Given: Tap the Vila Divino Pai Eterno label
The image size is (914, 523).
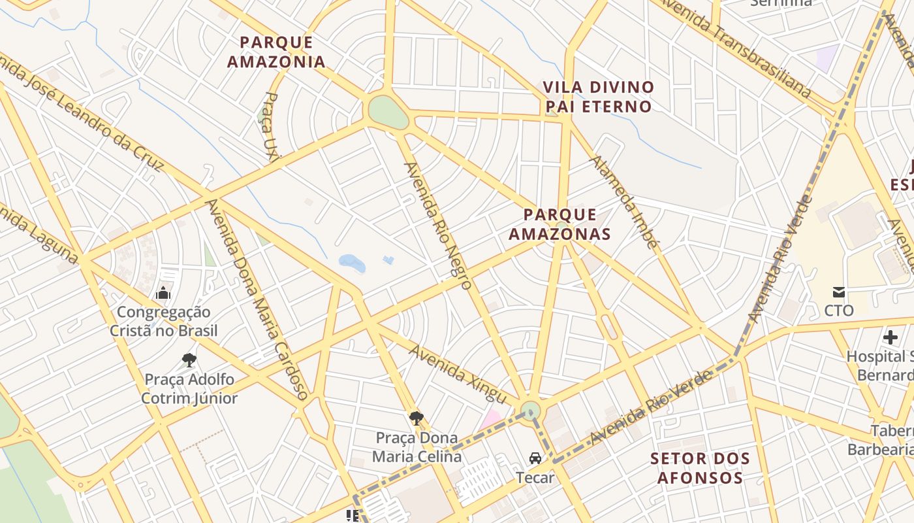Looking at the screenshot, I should (x=598, y=97).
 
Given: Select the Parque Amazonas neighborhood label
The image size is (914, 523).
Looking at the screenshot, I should (x=559, y=224).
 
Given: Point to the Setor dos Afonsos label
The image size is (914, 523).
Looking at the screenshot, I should (x=700, y=468).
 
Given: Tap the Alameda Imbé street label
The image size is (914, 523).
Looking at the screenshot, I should (x=623, y=202).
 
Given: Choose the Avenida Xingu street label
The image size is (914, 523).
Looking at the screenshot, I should (x=458, y=373).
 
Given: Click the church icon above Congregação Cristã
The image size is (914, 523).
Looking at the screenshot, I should (x=163, y=293).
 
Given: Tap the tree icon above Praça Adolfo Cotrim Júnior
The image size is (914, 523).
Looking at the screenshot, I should (x=189, y=360).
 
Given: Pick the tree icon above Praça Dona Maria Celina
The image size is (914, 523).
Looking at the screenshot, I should (x=416, y=418).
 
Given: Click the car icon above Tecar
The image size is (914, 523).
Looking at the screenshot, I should (x=535, y=458).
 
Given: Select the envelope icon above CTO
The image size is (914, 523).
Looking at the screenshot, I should (x=839, y=292).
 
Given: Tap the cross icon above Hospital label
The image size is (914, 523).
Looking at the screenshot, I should (x=890, y=337).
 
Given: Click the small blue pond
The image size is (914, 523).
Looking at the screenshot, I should (x=352, y=263).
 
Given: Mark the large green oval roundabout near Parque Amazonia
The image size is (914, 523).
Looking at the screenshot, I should (x=388, y=112).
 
